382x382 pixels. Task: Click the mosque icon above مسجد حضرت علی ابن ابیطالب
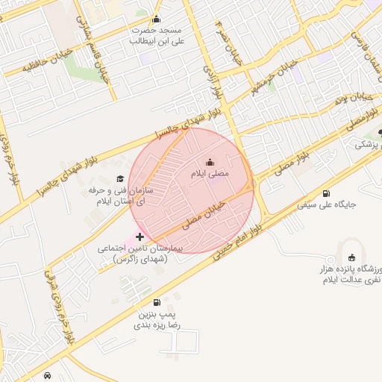click(156, 19)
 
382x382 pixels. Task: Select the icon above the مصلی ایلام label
click(210, 163)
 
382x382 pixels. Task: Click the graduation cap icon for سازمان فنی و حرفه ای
click(119, 179)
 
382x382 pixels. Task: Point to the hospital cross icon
click(140, 236)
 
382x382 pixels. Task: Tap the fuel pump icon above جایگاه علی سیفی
click(327, 193)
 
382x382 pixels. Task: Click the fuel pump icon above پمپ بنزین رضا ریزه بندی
click(156, 302)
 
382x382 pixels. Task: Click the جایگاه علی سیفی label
click(327, 204)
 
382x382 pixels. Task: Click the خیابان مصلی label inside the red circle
click(203, 214)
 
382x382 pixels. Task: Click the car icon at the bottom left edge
click(48, 376)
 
